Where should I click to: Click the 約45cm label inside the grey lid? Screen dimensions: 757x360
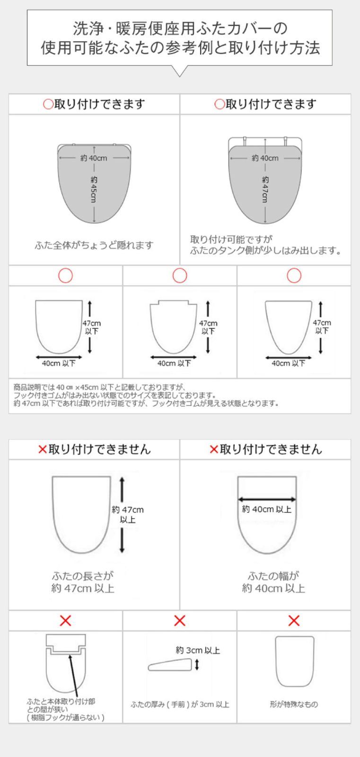[x=94, y=189]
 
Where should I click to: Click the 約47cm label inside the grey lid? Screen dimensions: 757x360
[x=265, y=189]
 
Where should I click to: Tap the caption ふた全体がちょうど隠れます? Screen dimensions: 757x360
[x=94, y=245]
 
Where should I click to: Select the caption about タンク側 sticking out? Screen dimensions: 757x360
[x=265, y=245]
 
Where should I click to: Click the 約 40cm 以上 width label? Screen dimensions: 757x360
[x=267, y=509]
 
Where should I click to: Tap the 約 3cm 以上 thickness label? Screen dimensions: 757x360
[x=198, y=650]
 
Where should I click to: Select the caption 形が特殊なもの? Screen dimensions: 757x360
[x=294, y=704]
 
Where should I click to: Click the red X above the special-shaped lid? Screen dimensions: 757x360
[x=294, y=620]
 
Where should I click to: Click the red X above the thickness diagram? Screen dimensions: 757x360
[x=180, y=620]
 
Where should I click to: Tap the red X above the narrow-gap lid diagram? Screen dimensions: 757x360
[x=65, y=620]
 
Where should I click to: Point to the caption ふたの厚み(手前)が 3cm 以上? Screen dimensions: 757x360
[x=180, y=704]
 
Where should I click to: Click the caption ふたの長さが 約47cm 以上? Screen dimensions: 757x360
[x=83, y=582]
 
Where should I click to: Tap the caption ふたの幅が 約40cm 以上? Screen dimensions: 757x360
[x=273, y=582]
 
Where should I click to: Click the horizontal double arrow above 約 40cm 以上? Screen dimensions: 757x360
[x=267, y=499]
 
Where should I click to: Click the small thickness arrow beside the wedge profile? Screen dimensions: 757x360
[x=197, y=665]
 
